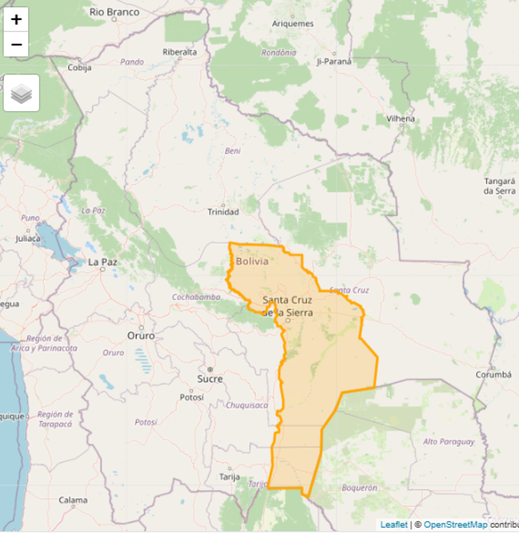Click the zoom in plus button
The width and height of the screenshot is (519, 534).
(x=16, y=20)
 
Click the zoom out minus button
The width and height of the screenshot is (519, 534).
(x=16, y=44)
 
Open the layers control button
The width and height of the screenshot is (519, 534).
(x=22, y=93)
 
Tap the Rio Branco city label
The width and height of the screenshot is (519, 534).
(x=114, y=12)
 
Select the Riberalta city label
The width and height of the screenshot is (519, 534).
(x=179, y=52)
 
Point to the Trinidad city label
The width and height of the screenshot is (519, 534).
(x=222, y=212)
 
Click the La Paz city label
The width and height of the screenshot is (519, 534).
(x=103, y=262)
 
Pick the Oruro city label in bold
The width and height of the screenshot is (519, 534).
(x=141, y=335)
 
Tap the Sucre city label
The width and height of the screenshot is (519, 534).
(x=210, y=378)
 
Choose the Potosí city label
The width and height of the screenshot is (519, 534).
(x=191, y=397)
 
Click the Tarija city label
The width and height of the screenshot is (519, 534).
(x=229, y=477)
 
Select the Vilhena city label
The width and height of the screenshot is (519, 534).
(x=400, y=119)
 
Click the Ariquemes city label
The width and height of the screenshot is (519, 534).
(x=293, y=24)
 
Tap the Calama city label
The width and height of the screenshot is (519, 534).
(x=73, y=500)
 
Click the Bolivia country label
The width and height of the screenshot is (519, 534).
(x=252, y=261)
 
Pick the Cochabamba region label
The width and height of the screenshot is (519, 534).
(x=196, y=297)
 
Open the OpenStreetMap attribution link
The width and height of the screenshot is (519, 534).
(x=455, y=525)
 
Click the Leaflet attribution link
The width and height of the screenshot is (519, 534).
(x=394, y=525)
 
